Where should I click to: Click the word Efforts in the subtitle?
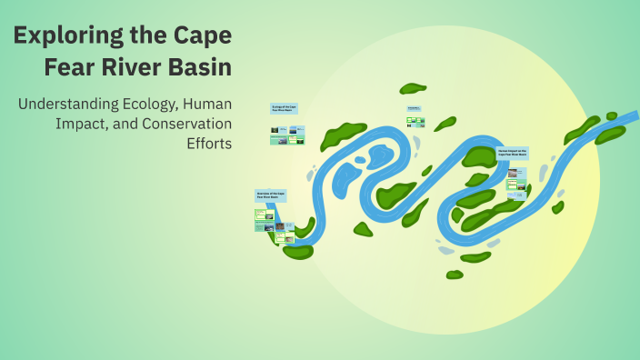point(208,144)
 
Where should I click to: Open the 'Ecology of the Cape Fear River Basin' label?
point(285,108)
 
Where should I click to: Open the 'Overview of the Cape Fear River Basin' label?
point(270,195)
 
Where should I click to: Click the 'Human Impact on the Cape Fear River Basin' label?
point(513,153)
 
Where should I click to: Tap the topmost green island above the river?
point(413,88)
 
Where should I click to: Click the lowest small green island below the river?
point(455,274)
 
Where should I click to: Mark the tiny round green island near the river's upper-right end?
point(612,116)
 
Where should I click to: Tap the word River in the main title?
point(140,67)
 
